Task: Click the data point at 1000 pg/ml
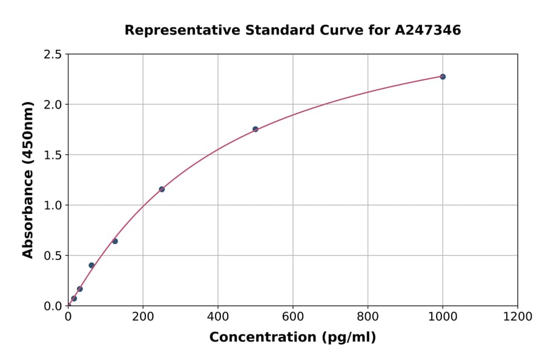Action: point(443,77)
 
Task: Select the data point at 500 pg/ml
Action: point(256,129)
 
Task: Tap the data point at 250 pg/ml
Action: point(162,189)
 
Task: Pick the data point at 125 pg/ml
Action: point(115,241)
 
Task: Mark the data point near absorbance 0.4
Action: point(91,265)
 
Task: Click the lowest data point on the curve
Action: point(74,298)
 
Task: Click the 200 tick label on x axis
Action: point(143,317)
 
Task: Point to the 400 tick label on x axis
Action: point(218,317)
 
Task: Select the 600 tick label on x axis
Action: point(293,317)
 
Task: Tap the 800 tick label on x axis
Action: point(368,317)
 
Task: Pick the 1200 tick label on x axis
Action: point(518,317)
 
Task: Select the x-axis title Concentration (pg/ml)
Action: point(292,338)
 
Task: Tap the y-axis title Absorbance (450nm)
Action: point(28,180)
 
